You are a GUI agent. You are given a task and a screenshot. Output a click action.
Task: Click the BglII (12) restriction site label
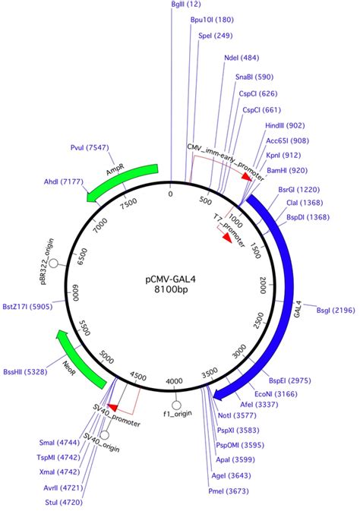click(x=186, y=5)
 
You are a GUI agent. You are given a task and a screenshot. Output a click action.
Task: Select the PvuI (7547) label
click(x=90, y=147)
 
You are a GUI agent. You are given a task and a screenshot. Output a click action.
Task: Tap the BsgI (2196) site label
click(x=336, y=311)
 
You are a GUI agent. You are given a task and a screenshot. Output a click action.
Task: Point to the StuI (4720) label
click(x=64, y=503)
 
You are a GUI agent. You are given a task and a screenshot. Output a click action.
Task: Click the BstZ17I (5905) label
click(x=27, y=307)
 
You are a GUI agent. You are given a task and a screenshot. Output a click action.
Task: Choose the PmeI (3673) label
click(x=229, y=491)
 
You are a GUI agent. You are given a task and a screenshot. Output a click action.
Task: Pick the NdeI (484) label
click(x=242, y=58)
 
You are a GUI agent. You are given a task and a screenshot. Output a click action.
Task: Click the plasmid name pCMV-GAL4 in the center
click(x=171, y=279)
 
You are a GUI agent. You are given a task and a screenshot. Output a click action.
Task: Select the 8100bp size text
click(x=171, y=289)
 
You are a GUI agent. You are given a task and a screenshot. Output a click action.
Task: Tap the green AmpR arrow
click(x=122, y=183)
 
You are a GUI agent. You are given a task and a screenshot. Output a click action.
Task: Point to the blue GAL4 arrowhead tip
click(x=213, y=396)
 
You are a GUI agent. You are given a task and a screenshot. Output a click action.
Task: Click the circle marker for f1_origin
click(x=176, y=405)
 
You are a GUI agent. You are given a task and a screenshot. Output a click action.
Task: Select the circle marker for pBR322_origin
click(x=54, y=263)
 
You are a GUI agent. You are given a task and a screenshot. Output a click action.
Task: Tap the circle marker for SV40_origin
click(x=104, y=435)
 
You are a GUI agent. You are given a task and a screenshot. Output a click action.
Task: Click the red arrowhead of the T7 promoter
click(x=226, y=238)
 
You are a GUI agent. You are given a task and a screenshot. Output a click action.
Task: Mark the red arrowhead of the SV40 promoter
click(x=112, y=408)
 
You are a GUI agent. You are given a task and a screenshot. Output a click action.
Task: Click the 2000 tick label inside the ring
click(x=263, y=285)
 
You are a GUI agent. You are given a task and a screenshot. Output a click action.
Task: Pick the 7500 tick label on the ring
click(x=128, y=203)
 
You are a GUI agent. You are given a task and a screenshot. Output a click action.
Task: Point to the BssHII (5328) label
click(x=25, y=372)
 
